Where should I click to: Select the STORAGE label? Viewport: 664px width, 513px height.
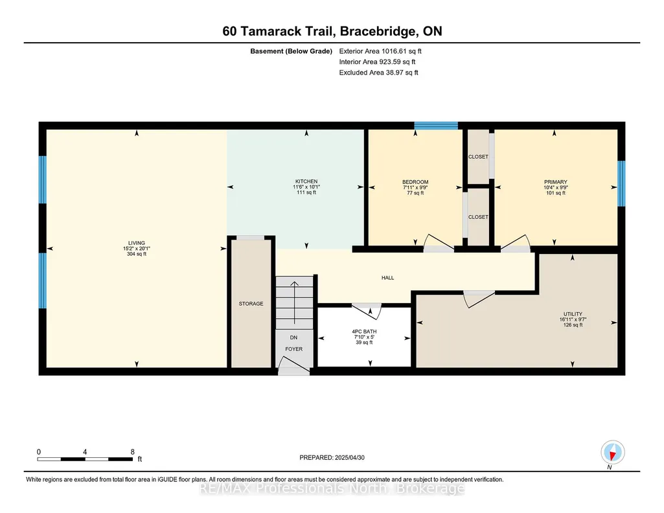tap(251, 304)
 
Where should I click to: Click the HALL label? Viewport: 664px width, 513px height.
tap(387, 278)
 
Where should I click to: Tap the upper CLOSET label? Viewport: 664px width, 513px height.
tap(478, 157)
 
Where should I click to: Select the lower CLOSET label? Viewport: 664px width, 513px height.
tap(478, 217)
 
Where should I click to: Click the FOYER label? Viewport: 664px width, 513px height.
tap(294, 349)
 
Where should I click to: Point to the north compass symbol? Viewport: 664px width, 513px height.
tap(612, 453)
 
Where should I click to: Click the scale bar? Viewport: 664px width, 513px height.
tap(85, 459)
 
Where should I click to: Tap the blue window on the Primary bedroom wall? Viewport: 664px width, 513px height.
tap(621, 183)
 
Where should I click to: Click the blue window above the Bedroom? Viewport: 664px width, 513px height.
tap(436, 125)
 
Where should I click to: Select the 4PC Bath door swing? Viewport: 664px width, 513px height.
tap(367, 311)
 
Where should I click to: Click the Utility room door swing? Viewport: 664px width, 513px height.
tap(479, 299)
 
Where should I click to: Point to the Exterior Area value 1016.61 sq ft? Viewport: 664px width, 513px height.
tap(402, 51)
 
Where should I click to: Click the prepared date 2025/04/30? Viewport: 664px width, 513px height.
tap(349, 457)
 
